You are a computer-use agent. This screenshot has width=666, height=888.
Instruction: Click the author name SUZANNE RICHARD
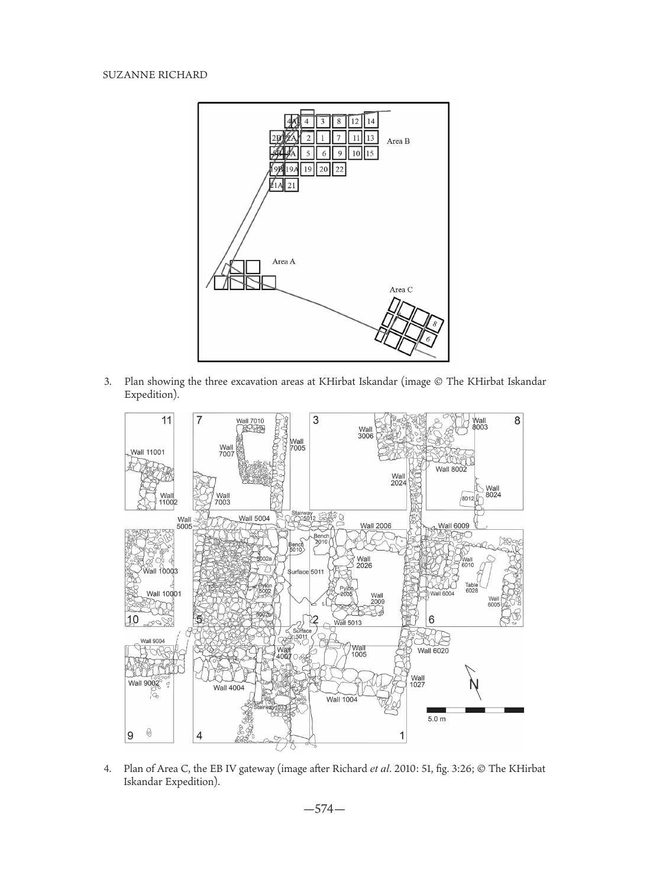pyautogui.click(x=155, y=75)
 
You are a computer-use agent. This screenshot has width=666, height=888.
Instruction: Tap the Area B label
pyautogui.click(x=398, y=141)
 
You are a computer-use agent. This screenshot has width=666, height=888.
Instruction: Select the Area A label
pyautogui.click(x=283, y=261)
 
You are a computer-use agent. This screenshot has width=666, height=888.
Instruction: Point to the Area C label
pyautogui.click(x=400, y=289)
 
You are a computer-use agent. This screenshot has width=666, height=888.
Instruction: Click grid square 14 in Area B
pyautogui.click(x=370, y=122)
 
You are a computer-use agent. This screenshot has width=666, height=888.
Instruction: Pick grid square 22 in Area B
pyautogui.click(x=339, y=169)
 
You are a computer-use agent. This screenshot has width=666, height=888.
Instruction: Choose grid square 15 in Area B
pyautogui.click(x=370, y=153)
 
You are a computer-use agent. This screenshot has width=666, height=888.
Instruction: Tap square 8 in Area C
pyautogui.click(x=435, y=324)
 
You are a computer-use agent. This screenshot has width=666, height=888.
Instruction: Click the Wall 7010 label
pyautogui.click(x=250, y=421)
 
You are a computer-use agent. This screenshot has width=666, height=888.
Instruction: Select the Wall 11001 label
pyautogui.click(x=148, y=452)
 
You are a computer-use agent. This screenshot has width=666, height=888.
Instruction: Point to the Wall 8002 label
pyautogui.click(x=451, y=469)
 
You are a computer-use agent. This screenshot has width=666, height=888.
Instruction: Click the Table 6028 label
pyautogui.click(x=471, y=587)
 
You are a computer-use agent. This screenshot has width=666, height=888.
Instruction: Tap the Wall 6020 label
pyautogui.click(x=433, y=651)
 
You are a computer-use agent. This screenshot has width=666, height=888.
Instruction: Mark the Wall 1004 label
pyautogui.click(x=342, y=699)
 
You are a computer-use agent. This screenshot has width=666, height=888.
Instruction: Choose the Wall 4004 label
pyautogui.click(x=229, y=687)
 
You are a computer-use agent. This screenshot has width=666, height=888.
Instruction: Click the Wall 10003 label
pyautogui.click(x=160, y=571)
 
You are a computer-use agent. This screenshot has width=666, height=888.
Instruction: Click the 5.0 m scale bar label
pyautogui.click(x=437, y=719)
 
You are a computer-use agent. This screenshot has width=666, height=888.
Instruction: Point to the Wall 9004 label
pyautogui.click(x=153, y=641)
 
